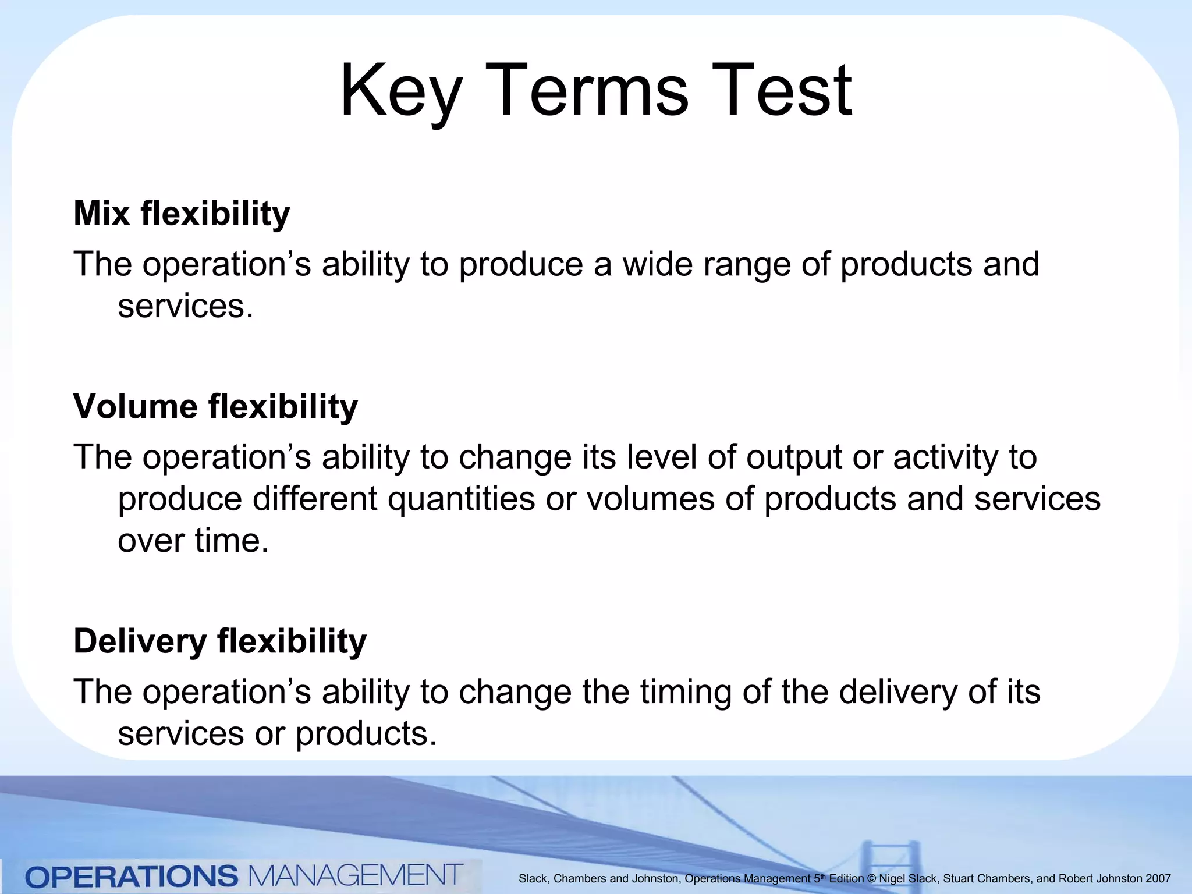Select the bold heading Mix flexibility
click(x=182, y=214)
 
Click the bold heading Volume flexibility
click(x=215, y=406)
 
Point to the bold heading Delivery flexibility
click(x=220, y=641)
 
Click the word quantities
click(x=462, y=500)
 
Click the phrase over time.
click(x=193, y=541)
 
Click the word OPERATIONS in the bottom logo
click(x=132, y=877)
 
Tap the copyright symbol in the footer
click(x=871, y=879)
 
